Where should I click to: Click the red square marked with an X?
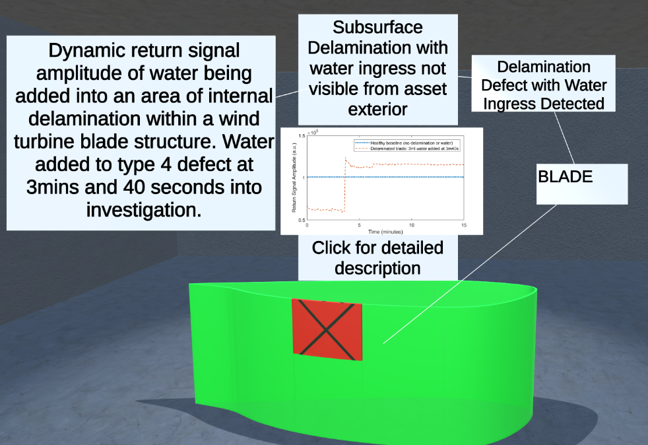click(x=327, y=329)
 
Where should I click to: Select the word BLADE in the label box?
click(x=566, y=177)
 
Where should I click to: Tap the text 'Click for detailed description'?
click(x=377, y=258)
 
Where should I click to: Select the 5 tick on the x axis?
click(x=360, y=225)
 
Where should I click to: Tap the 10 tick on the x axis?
click(x=412, y=225)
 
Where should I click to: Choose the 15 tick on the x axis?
click(x=463, y=225)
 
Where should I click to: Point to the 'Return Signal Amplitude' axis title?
click(x=294, y=178)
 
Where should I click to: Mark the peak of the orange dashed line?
click(x=346, y=158)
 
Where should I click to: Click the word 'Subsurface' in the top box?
click(x=377, y=28)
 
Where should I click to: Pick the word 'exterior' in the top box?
click(x=377, y=108)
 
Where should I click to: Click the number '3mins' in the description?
click(x=55, y=187)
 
